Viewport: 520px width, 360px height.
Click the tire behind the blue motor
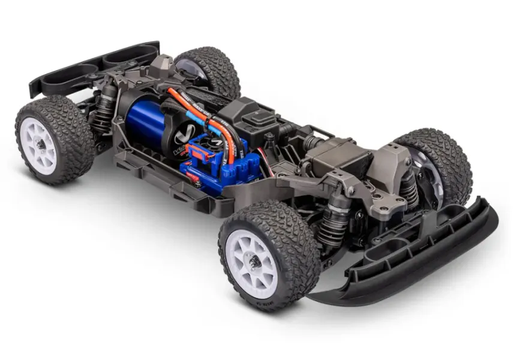tap(210, 69)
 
